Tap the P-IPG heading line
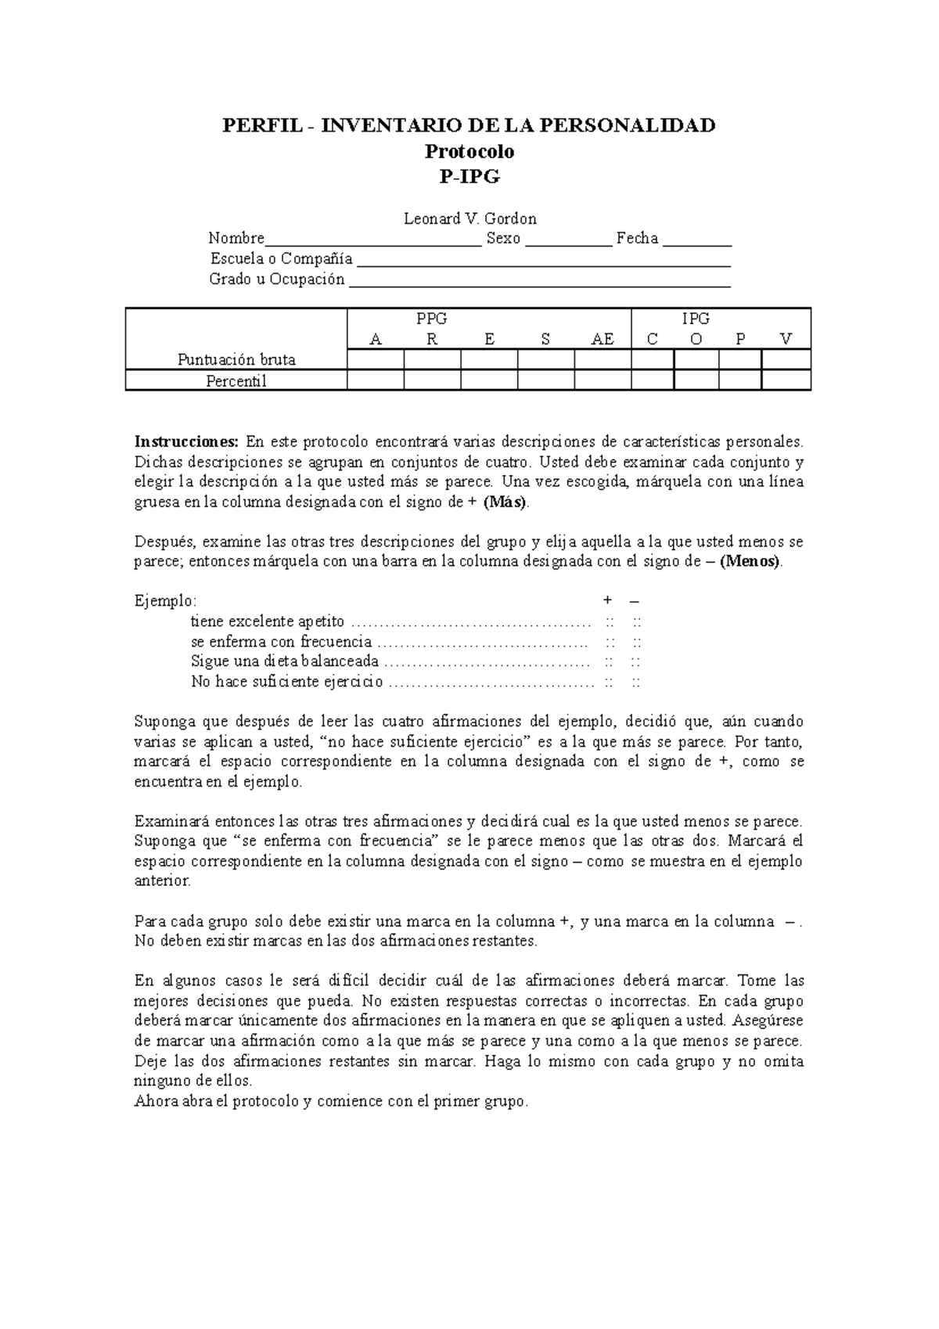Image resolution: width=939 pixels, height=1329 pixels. point(469,177)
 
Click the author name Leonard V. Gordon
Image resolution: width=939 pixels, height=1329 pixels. point(469,218)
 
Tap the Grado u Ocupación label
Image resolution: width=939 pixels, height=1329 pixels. point(277,279)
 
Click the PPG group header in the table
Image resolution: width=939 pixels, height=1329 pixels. point(432,319)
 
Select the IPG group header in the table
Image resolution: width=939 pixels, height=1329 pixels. point(696,319)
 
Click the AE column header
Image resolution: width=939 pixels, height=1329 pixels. point(603,339)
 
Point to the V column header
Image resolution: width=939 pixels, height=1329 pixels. point(786,339)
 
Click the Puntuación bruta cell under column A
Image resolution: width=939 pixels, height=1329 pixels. point(376,359)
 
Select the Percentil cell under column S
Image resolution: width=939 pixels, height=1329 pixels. point(545,380)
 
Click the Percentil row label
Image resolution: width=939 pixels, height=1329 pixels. point(236,381)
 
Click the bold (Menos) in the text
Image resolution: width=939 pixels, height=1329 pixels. point(750,562)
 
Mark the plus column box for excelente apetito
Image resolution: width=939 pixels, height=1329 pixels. point(610,622)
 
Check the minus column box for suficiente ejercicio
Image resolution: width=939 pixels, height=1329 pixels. point(637,682)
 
